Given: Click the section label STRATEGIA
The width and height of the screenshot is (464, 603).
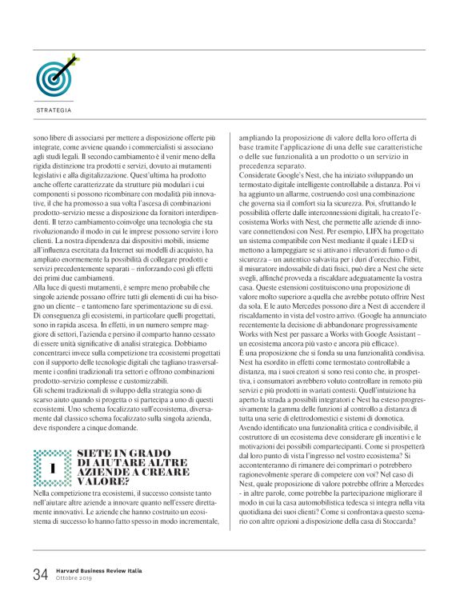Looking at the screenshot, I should (x=54, y=110).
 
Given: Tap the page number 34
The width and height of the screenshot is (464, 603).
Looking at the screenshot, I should (x=41, y=573).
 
